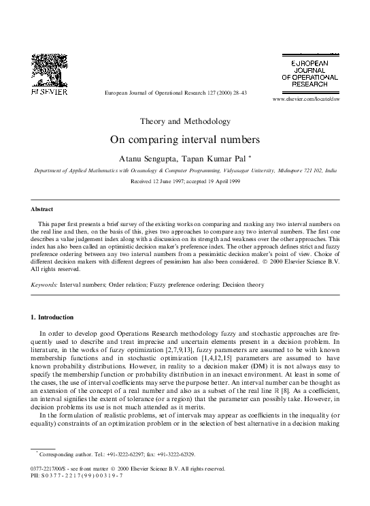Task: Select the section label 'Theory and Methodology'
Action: click(185, 122)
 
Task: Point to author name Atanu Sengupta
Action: click(148, 158)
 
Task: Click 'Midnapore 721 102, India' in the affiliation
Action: click(307, 172)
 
